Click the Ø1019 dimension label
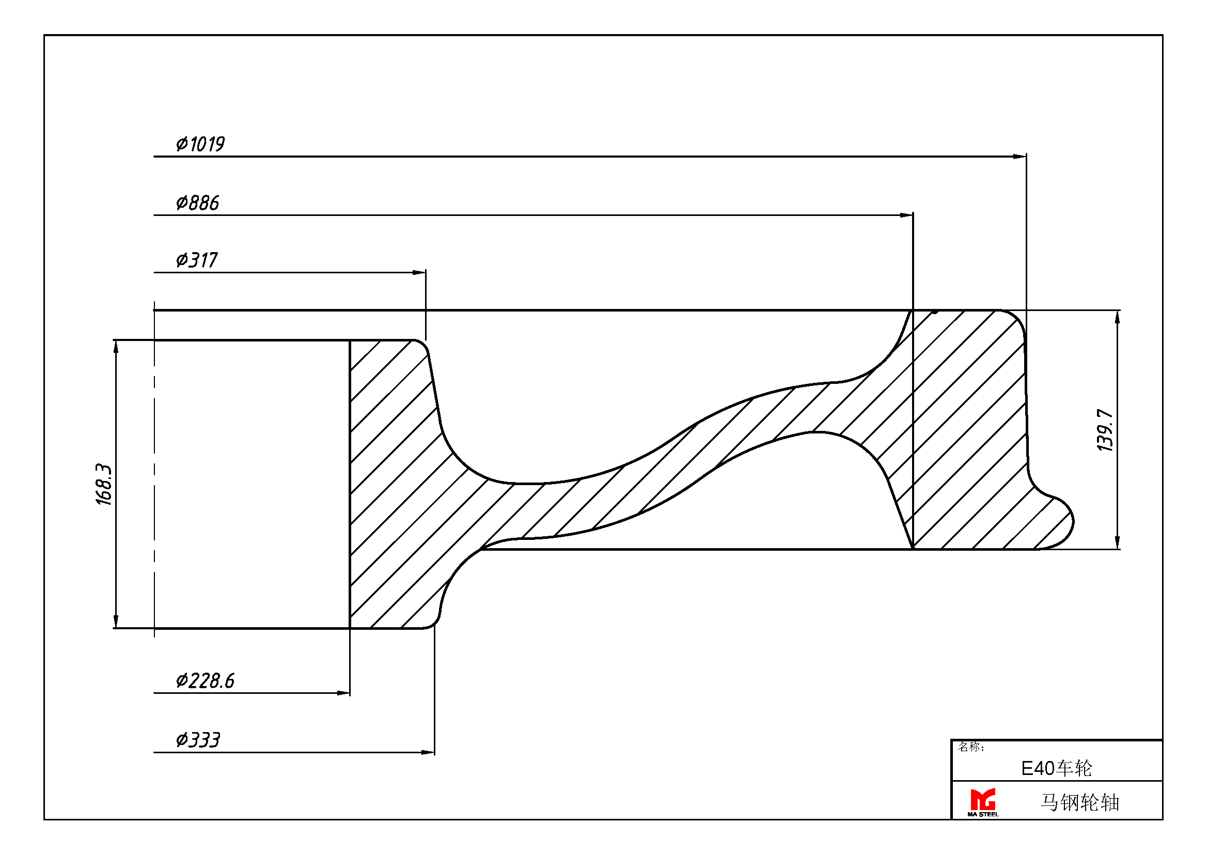coord(200,144)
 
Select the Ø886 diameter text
coord(197,203)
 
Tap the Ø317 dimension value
coord(197,260)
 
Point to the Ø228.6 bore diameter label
coord(205,681)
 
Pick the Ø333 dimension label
coord(198,740)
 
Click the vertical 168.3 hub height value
coord(104,485)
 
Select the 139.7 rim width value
coord(1105,430)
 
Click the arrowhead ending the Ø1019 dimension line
coord(1019,156)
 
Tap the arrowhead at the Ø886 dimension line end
coord(906,215)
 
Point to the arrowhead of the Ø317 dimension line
coord(419,273)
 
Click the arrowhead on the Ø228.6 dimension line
coord(343,693)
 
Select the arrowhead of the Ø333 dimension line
coord(428,752)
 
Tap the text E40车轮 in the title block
coord(1057,769)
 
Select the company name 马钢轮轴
coord(1079,802)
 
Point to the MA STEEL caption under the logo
coord(983,815)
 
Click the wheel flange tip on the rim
coord(1072,522)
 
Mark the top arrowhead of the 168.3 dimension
coord(116,347)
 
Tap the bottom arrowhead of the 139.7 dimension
coord(1118,542)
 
